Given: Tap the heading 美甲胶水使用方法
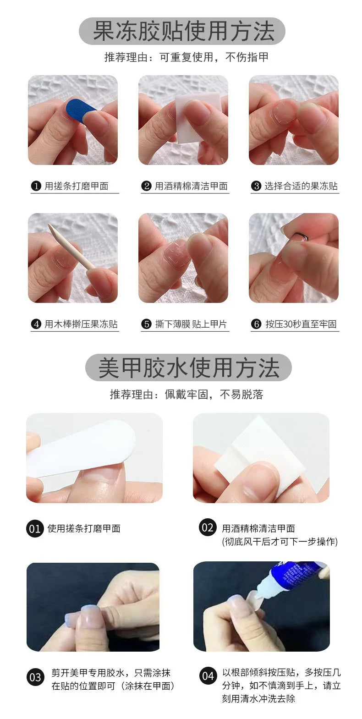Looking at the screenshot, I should tap(188, 368).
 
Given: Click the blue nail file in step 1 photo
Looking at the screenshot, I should tap(80, 110).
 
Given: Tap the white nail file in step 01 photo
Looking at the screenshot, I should tap(80, 449).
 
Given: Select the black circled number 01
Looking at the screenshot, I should tap(35, 529).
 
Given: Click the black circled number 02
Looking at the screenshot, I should tap(208, 527).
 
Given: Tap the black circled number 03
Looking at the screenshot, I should tap(35, 677).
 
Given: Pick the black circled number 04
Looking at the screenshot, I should tap(208, 676).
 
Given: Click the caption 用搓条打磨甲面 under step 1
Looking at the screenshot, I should tap(76, 186).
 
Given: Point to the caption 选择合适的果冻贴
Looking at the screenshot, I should tap(301, 186).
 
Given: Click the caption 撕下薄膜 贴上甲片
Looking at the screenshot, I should tap(191, 324).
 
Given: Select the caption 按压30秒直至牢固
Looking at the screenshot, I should tap(301, 324).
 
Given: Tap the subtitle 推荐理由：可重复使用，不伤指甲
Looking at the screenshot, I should tap(186, 57).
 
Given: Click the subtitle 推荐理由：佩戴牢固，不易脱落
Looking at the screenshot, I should tap(186, 395).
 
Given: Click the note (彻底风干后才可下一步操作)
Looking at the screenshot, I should tap(280, 542).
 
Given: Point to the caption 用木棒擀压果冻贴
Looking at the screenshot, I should tap(81, 324).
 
